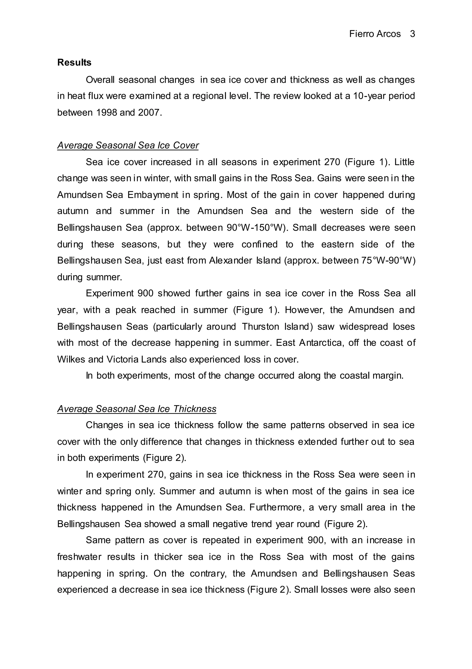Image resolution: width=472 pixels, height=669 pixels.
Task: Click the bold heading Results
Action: click(x=74, y=62)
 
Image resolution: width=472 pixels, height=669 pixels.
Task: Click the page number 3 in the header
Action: click(x=412, y=34)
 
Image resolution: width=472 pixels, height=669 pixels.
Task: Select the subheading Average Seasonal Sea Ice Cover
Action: click(x=128, y=145)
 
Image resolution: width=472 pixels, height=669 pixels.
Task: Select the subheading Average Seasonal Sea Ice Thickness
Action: click(x=137, y=409)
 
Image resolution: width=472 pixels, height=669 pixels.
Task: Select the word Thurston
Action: click(x=260, y=326)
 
